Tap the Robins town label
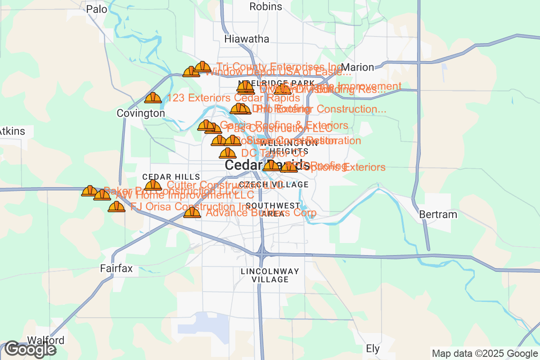click(265, 6)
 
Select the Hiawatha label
click(247, 39)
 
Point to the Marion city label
click(360, 67)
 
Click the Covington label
click(141, 113)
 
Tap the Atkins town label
click(13, 132)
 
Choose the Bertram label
click(438, 214)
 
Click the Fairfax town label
click(116, 269)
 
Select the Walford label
click(46, 340)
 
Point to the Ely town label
click(373, 348)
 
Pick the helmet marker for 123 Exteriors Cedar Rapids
click(153, 98)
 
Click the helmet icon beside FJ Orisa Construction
click(117, 207)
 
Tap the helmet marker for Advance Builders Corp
click(192, 212)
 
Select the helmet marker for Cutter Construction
click(153, 185)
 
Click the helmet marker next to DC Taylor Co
click(228, 153)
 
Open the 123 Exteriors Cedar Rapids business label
click(234, 98)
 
